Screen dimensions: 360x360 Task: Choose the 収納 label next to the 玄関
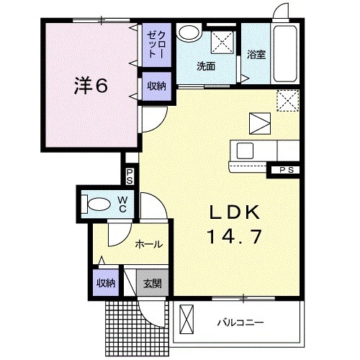106,283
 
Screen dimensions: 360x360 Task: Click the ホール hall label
148,245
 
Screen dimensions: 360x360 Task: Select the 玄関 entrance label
152,283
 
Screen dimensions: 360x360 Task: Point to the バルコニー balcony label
241,322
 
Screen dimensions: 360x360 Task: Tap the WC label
122,204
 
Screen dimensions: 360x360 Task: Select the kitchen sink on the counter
244,151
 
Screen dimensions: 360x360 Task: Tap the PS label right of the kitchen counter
287,171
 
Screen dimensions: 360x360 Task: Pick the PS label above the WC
130,176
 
